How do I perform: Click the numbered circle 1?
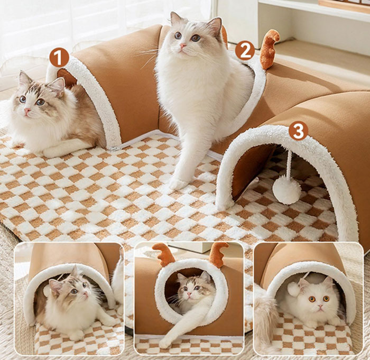(59, 58)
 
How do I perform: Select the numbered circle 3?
(299, 131)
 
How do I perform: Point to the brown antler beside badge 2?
(270, 49)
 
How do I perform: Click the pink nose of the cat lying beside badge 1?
(27, 110)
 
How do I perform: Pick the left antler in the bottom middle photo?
(162, 254)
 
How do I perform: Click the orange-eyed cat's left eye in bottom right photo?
(312, 299)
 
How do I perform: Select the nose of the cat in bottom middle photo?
(189, 294)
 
